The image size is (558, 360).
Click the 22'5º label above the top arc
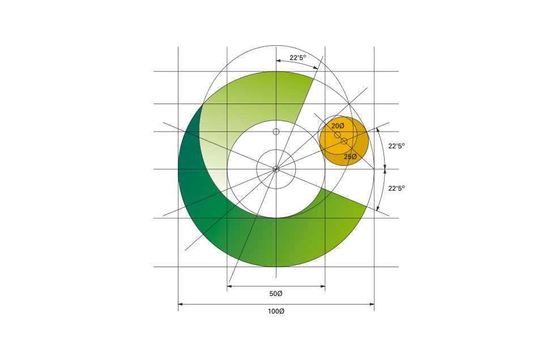point(297,58)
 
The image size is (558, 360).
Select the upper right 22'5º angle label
point(397,146)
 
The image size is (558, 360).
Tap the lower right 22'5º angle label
point(397,188)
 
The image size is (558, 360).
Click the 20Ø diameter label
point(338,126)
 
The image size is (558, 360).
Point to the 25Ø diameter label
point(350,157)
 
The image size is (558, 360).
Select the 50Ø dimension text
point(276,294)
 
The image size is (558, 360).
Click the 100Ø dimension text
point(276,311)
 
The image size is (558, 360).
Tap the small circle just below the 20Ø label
point(338,135)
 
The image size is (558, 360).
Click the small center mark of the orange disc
point(344,141)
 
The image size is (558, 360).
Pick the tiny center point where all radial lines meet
point(276,169)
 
